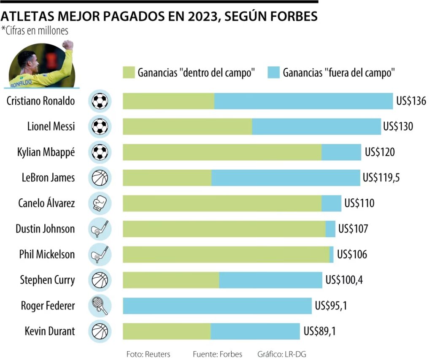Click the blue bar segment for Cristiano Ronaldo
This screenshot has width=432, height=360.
click(x=304, y=101)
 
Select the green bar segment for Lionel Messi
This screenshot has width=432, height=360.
click(x=187, y=127)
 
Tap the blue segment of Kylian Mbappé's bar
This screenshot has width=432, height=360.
click(x=341, y=152)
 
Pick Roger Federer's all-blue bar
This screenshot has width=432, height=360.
click(x=217, y=306)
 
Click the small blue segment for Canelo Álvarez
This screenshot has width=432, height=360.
click(x=331, y=203)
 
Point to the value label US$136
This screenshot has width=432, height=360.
click(x=411, y=101)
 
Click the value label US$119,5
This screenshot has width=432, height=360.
click(x=381, y=178)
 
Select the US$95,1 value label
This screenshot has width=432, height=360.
click(x=331, y=306)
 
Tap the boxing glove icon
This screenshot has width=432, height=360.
click(x=100, y=203)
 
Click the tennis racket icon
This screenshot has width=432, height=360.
click(x=100, y=306)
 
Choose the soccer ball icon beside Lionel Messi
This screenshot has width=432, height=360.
click(x=100, y=127)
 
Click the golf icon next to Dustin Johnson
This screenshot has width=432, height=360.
click(x=100, y=229)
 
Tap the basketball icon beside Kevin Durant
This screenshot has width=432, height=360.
click(x=100, y=331)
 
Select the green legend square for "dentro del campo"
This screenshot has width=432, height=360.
click(x=128, y=72)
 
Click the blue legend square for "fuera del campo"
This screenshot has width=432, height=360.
click(x=273, y=72)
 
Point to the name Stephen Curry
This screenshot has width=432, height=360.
click(x=47, y=280)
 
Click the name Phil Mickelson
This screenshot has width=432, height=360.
click(x=47, y=254)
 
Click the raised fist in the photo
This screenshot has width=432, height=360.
click(x=67, y=45)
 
